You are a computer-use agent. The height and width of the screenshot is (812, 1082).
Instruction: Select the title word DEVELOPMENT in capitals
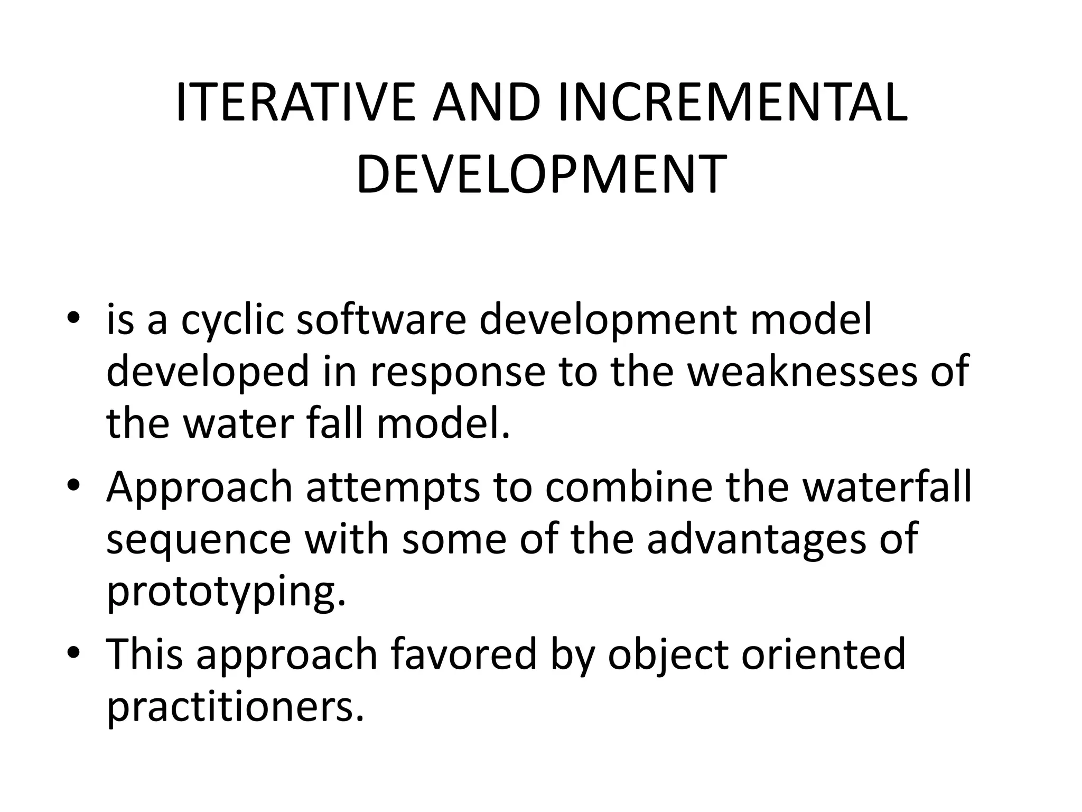[541, 174]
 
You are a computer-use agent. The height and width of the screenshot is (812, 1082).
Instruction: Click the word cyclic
[232, 321]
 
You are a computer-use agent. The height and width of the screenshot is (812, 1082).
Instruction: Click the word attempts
[393, 487]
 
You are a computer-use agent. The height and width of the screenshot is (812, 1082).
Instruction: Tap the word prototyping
[226, 591]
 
